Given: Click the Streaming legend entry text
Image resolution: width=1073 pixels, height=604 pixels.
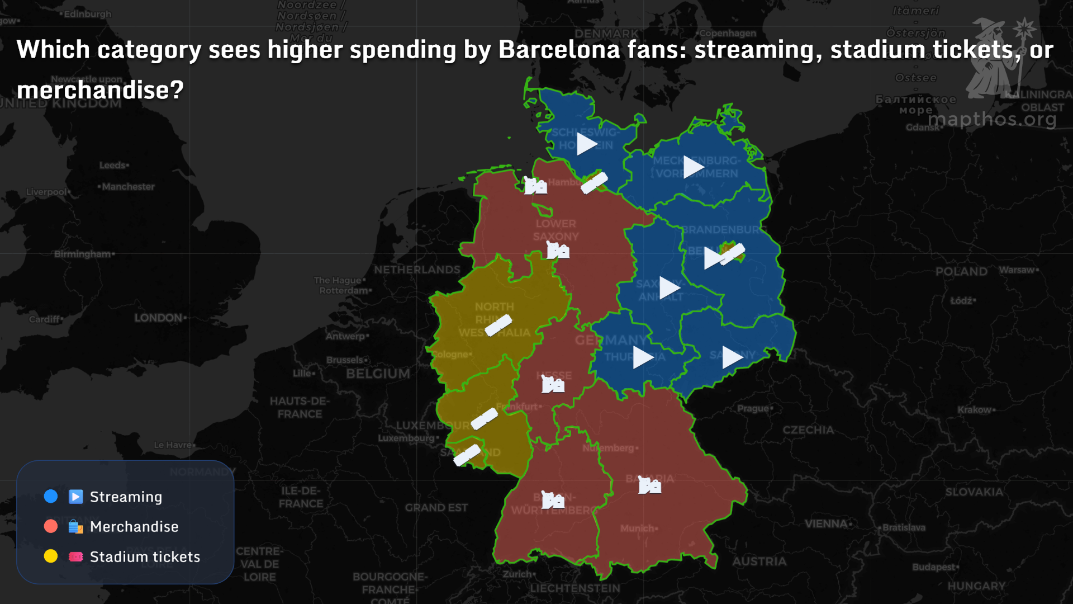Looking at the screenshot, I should click(x=126, y=497).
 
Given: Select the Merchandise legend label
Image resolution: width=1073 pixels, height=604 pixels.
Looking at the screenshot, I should click(x=134, y=527).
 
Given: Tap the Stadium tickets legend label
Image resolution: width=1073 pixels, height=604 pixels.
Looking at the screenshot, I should click(x=145, y=557).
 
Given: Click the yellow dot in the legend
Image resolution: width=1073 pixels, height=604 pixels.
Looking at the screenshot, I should click(x=51, y=556).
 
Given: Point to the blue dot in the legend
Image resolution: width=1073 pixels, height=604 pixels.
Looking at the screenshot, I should click(x=51, y=497).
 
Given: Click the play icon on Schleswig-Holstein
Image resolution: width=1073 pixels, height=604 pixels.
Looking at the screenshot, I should click(x=587, y=144).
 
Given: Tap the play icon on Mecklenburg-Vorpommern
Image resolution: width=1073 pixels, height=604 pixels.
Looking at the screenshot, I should click(x=694, y=167).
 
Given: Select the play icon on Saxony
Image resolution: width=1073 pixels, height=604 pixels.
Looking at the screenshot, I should click(x=732, y=357).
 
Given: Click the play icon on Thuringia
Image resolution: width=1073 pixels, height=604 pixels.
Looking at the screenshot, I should click(x=643, y=357).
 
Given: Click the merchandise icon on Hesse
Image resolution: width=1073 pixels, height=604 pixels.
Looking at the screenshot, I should click(x=553, y=384).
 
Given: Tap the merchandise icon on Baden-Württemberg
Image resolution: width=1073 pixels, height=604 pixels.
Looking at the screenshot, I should click(x=553, y=500).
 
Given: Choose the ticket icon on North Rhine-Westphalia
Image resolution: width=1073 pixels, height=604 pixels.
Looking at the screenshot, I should click(x=498, y=325).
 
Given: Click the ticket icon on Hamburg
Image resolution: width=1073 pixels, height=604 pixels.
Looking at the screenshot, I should click(x=594, y=183).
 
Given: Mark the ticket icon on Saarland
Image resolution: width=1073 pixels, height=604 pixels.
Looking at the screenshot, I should click(x=467, y=455).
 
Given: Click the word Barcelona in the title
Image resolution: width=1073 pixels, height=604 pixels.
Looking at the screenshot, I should click(x=559, y=50).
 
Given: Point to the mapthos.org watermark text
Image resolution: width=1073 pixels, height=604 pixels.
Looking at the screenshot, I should click(x=992, y=119).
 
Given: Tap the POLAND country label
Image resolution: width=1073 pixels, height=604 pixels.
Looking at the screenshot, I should click(x=961, y=272).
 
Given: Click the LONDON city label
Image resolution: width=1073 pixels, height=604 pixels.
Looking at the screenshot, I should click(x=158, y=318).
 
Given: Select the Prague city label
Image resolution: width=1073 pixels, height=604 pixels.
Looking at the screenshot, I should click(x=753, y=408).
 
